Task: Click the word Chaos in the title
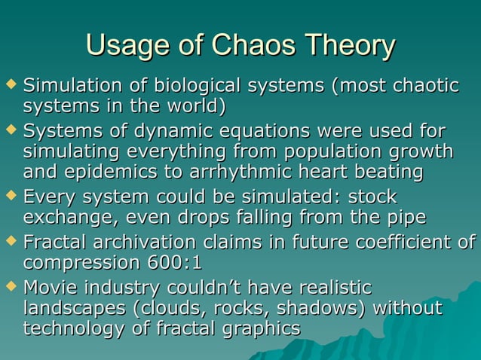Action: [254, 46]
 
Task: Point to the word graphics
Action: [253, 330]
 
